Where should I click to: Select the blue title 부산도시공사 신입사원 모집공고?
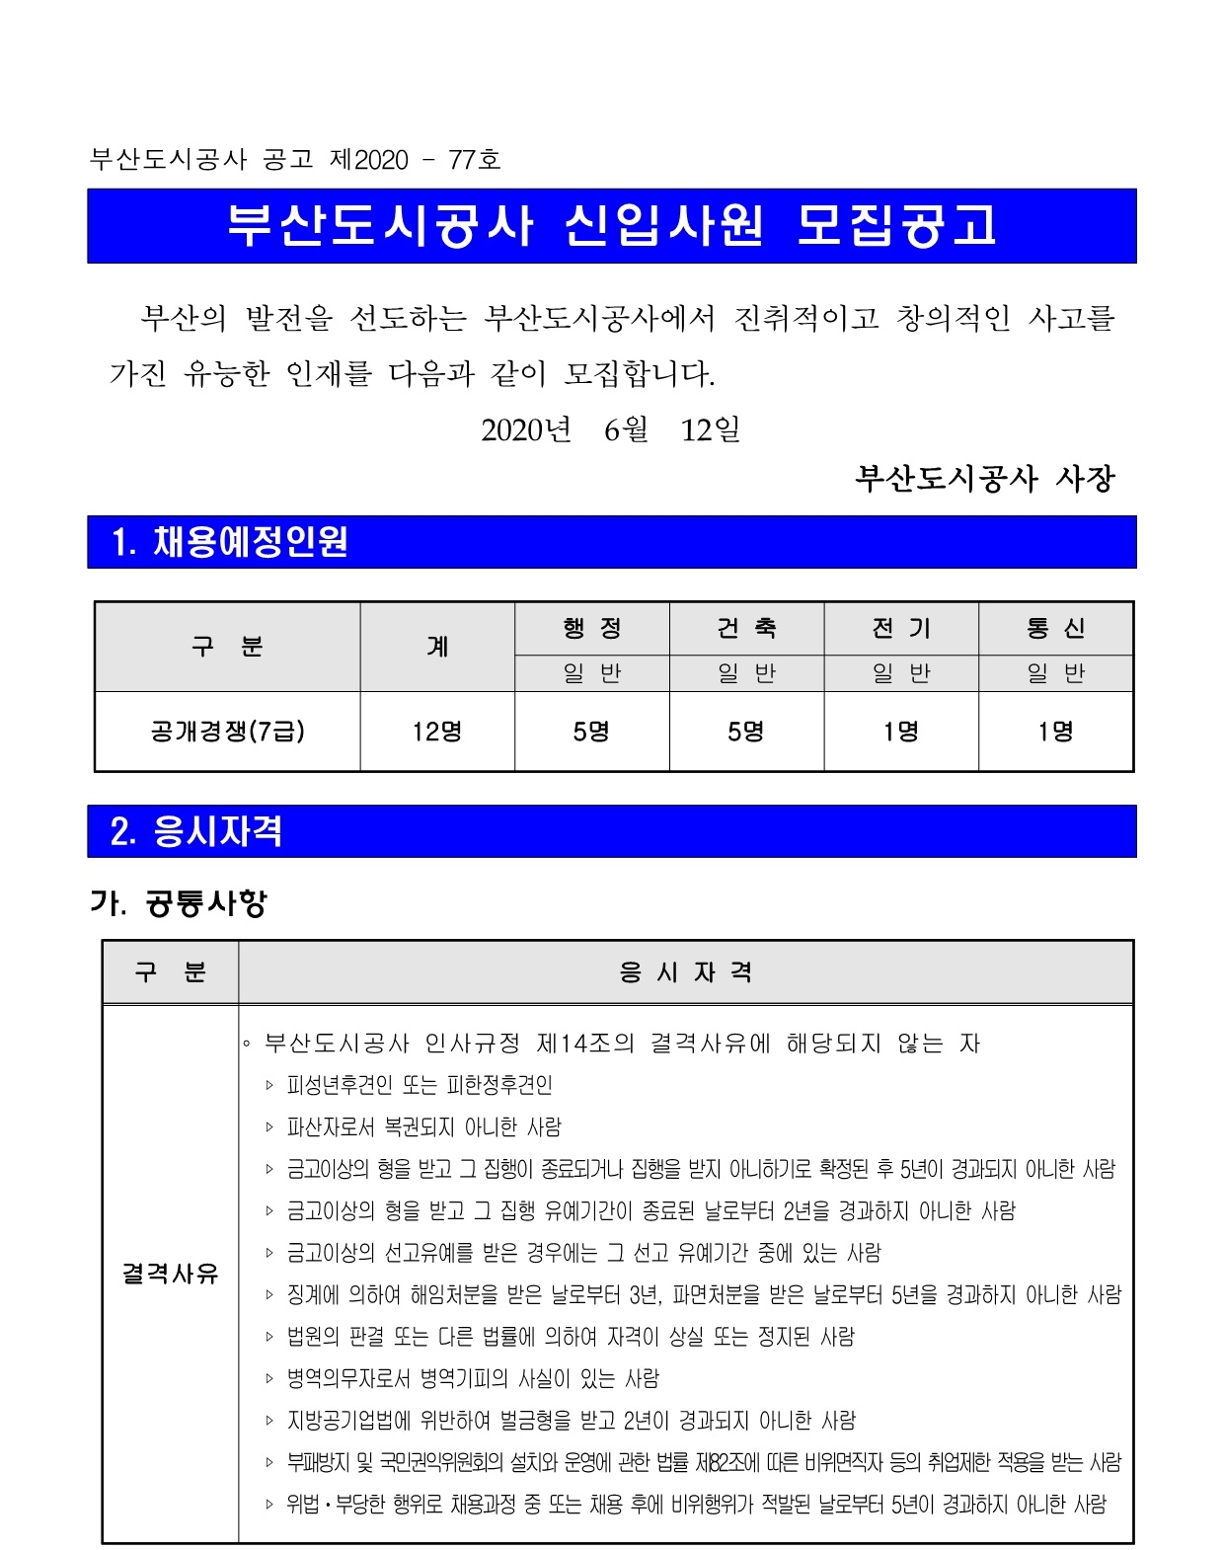click(x=611, y=226)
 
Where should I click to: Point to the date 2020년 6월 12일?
click(x=610, y=429)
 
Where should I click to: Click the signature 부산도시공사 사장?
click(x=984, y=479)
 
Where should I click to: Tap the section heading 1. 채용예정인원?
click(x=230, y=542)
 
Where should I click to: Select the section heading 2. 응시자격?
click(x=196, y=831)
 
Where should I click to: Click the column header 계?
click(x=437, y=647)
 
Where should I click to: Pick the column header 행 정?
click(x=592, y=628)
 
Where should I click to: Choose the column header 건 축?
click(x=746, y=628)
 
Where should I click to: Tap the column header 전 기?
click(x=901, y=628)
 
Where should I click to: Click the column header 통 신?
click(x=1055, y=628)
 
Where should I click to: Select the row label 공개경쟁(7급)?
click(x=227, y=732)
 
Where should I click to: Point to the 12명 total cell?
click(x=437, y=732)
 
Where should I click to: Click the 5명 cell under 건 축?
click(x=746, y=732)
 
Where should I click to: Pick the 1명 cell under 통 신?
click(x=1055, y=732)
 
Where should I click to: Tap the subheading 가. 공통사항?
click(x=179, y=902)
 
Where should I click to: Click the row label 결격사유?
click(x=170, y=1274)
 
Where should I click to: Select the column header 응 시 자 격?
click(x=685, y=972)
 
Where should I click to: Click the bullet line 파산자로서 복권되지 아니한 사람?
click(x=423, y=1126)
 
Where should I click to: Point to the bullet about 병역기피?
click(x=473, y=1378)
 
